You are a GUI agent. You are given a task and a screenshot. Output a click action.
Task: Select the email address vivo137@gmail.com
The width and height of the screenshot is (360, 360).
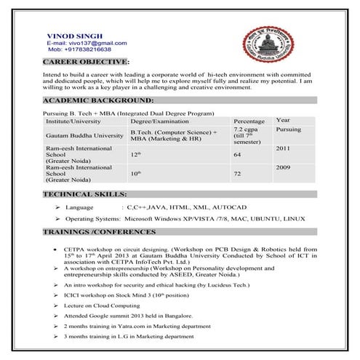(81, 43)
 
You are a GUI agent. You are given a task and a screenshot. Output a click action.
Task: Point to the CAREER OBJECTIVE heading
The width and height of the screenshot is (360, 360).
(86, 64)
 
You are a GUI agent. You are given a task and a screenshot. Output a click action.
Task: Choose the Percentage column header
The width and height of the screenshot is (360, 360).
(249, 121)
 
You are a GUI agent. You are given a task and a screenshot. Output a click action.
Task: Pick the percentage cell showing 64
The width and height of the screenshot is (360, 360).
(237, 155)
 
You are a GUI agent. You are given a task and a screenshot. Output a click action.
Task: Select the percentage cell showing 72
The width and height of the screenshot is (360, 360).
(237, 175)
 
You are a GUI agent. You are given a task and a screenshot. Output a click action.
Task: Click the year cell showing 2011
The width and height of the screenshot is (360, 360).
(283, 148)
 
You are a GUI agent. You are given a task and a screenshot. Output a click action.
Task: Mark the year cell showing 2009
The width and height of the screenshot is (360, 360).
(283, 167)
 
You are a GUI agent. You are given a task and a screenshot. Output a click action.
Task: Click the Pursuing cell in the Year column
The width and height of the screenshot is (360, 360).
(289, 129)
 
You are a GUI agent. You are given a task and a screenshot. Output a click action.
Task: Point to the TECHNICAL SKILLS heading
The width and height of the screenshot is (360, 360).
(85, 195)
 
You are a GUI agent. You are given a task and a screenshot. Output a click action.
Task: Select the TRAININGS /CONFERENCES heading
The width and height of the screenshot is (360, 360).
(99, 232)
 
